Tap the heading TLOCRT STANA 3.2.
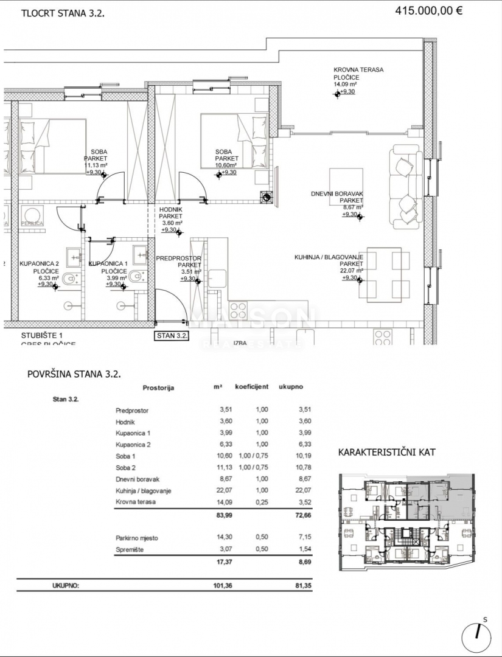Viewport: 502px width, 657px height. pos(63,12)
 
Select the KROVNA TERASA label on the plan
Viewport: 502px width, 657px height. pos(358,70)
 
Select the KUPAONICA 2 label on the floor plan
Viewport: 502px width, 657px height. pos(40,264)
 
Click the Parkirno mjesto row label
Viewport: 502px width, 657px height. pos(137,538)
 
